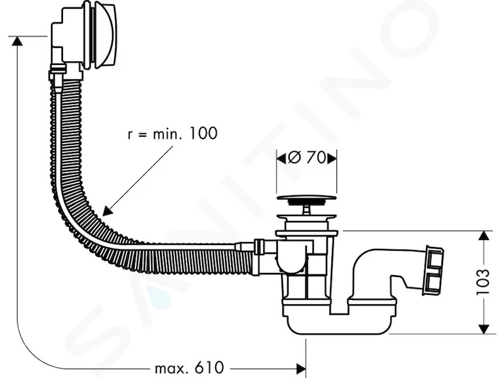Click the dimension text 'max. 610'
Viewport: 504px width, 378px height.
[x=189, y=368]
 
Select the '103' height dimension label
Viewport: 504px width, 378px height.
[x=483, y=282]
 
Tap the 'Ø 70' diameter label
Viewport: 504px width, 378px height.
[x=307, y=158]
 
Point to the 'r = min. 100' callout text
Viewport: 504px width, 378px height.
[x=173, y=134]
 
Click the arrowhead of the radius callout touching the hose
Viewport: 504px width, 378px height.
[x=108, y=211]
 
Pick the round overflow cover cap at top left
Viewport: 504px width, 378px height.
[x=103, y=35]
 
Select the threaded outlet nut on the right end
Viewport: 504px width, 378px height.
[x=434, y=270]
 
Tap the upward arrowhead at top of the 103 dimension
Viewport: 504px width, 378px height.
[x=483, y=236]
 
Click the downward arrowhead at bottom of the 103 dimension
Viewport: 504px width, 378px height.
[x=483, y=328]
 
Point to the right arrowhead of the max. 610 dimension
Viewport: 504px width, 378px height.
[x=301, y=368]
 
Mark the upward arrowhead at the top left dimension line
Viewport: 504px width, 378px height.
[x=17, y=42]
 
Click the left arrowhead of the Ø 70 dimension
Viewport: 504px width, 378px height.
[x=281, y=158]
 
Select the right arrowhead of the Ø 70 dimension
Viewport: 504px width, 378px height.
[x=332, y=158]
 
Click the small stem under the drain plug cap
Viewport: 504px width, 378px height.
[x=306, y=210]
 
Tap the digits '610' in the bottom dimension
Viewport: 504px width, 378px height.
[x=209, y=368]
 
